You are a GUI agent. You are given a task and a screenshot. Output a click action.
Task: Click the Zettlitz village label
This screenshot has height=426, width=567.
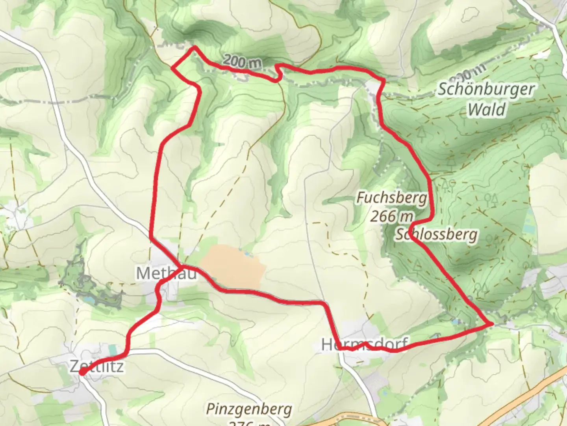coord(97,366)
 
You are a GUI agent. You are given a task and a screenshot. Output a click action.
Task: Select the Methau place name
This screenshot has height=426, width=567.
coord(166,273)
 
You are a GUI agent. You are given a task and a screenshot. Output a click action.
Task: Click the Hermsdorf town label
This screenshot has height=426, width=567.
coord(365,344)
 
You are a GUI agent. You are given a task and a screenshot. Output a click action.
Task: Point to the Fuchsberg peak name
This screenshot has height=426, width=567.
coord(392,197)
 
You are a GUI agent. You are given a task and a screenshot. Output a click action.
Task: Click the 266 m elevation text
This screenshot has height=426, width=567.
coord(392,216)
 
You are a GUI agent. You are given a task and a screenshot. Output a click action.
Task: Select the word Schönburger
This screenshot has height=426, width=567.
coord(486,89)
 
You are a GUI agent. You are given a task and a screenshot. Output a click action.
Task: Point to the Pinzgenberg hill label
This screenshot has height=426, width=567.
coord(249,409)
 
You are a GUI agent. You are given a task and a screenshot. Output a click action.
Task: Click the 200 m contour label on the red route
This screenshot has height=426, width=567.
coord(242,62)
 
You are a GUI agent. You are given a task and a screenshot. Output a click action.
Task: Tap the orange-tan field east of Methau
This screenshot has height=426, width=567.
coord(232,266)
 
